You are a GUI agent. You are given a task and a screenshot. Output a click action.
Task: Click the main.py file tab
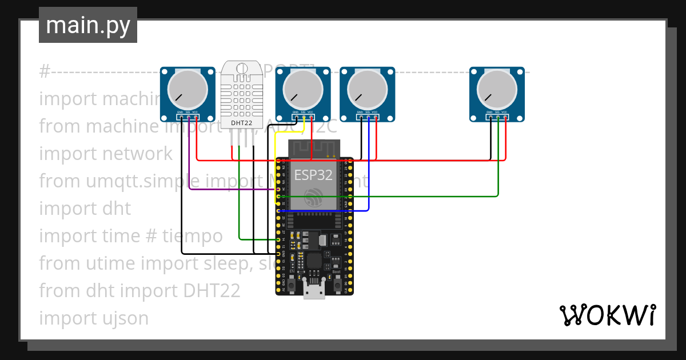pyautogui.click(x=87, y=25)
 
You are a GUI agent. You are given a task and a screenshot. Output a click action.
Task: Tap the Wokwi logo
pyautogui.click(x=607, y=315)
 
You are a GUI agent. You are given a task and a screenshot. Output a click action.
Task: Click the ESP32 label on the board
pyautogui.click(x=313, y=174)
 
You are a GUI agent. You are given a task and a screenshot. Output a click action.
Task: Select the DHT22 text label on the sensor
pyautogui.click(x=241, y=122)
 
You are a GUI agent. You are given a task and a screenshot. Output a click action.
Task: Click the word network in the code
pyautogui.click(x=137, y=154)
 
